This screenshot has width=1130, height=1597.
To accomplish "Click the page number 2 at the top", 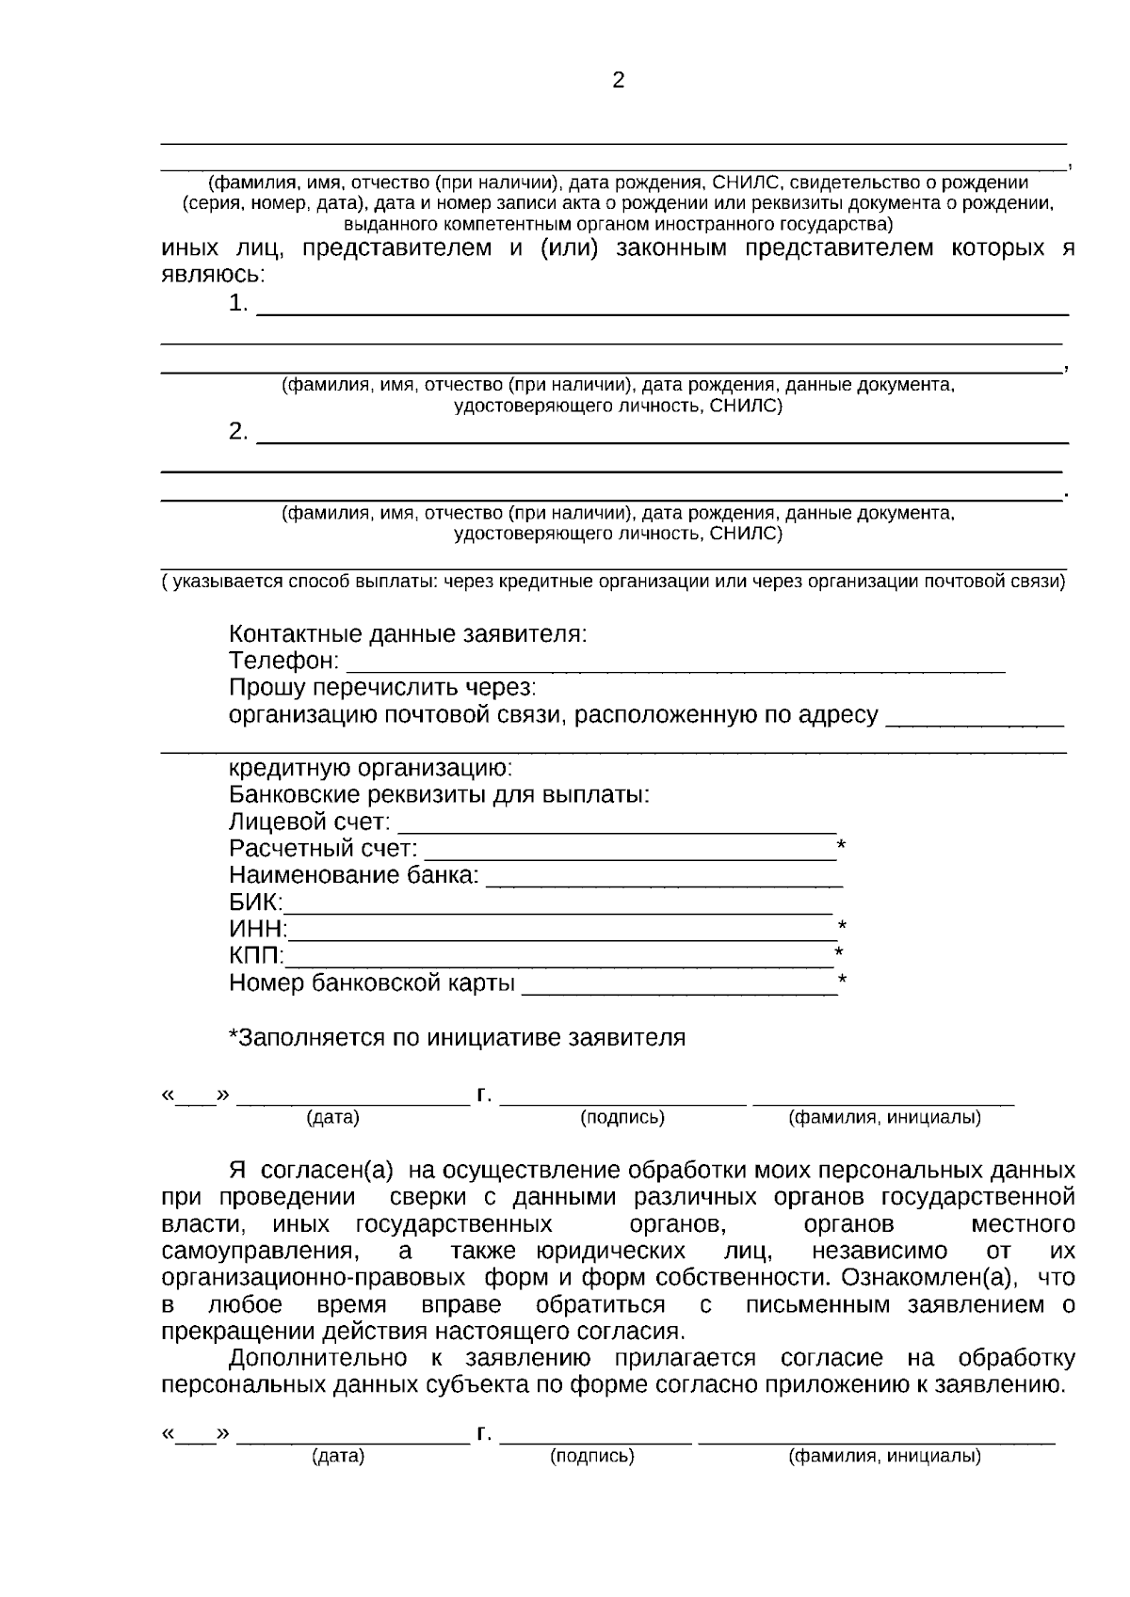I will coord(618,81).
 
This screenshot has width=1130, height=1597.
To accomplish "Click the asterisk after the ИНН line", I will coord(842,926).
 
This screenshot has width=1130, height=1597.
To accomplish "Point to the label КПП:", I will coord(255,956).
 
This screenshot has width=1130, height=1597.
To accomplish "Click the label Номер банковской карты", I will coord(372,983).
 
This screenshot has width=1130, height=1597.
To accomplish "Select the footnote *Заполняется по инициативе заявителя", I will coord(457,1038).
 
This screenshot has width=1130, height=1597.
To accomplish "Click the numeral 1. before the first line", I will coord(238,304).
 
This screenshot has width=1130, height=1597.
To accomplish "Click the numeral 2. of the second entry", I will coord(238,432).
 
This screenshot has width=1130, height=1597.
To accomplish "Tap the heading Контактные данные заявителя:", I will coord(408,634).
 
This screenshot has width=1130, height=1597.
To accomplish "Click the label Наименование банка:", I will coord(354,875).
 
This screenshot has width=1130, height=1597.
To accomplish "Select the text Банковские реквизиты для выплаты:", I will coord(439,794).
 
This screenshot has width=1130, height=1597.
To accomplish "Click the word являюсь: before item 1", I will coord(213,275).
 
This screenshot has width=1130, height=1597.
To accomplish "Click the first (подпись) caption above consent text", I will coord(621,1118).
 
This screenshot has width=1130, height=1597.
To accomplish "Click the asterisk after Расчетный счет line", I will coord(841,845).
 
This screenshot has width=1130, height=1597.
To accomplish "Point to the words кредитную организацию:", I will coord(370,768).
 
